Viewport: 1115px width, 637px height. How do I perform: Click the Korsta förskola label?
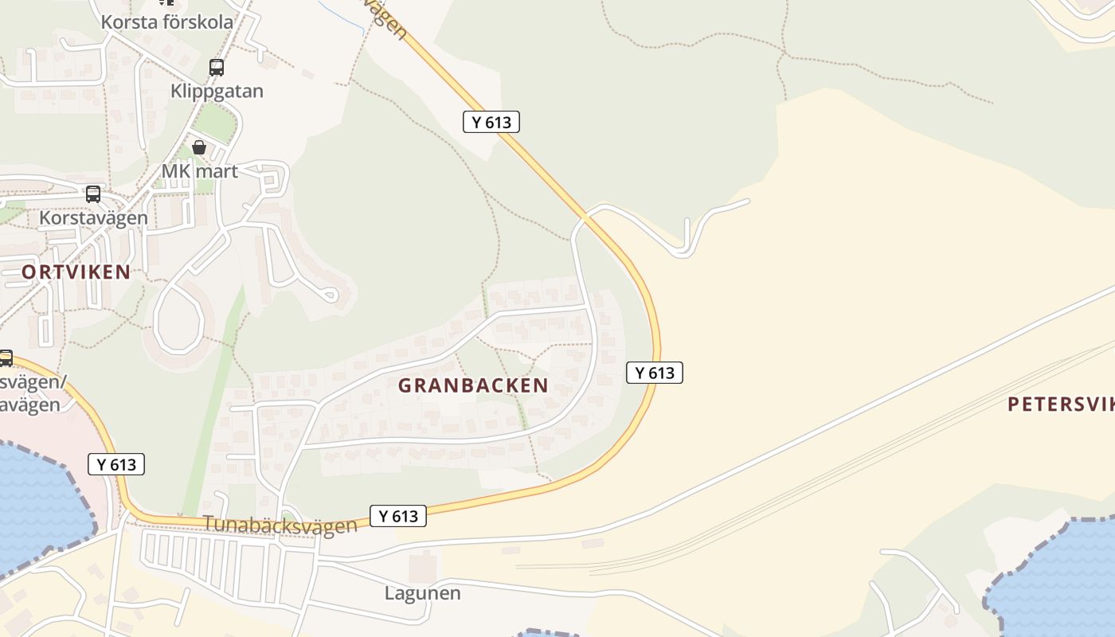167,21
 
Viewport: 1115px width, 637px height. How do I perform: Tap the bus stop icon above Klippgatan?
216,68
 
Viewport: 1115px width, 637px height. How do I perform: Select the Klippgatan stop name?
217,91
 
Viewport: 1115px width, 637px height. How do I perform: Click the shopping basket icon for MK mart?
199,147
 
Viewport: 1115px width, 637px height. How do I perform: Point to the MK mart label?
199,170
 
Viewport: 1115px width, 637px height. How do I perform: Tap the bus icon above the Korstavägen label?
93,194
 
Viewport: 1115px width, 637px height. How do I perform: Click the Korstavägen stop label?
93,217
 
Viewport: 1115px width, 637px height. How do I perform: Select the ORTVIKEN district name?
76,272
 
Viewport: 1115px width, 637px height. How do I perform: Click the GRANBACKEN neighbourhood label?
473,385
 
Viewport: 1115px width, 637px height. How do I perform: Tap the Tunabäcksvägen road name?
280,525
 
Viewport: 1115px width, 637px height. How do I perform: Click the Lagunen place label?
422,593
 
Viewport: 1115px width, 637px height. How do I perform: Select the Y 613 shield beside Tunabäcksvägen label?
398,516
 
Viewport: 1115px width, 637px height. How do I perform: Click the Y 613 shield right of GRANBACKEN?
655,373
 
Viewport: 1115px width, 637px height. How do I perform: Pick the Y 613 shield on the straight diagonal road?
491,122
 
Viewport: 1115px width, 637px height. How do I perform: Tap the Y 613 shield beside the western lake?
116,464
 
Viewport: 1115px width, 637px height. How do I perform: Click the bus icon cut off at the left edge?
5,358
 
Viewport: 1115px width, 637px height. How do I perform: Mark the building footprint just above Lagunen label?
423,566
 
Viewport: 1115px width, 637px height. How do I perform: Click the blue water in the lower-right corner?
1059,581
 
